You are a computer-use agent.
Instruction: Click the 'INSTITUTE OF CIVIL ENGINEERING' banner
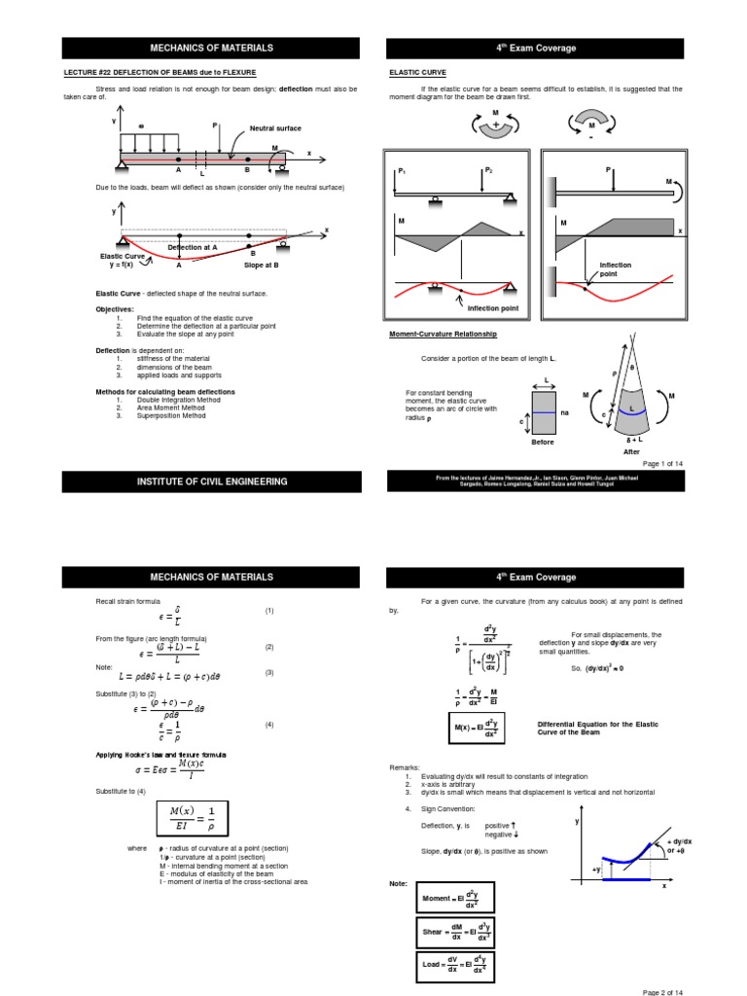pyautogui.click(x=210, y=481)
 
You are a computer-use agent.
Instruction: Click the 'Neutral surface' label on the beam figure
pyautogui.click(x=275, y=128)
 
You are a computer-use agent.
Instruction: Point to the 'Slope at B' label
pyautogui.click(x=261, y=265)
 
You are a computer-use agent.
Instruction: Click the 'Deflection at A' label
pyautogui.click(x=193, y=247)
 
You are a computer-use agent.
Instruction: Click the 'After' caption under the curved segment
pyautogui.click(x=631, y=451)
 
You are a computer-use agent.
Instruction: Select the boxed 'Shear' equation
pyautogui.click(x=455, y=932)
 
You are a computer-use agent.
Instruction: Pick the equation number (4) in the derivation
pyautogui.click(x=269, y=725)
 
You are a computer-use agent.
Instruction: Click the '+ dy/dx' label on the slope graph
pyautogui.click(x=679, y=840)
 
